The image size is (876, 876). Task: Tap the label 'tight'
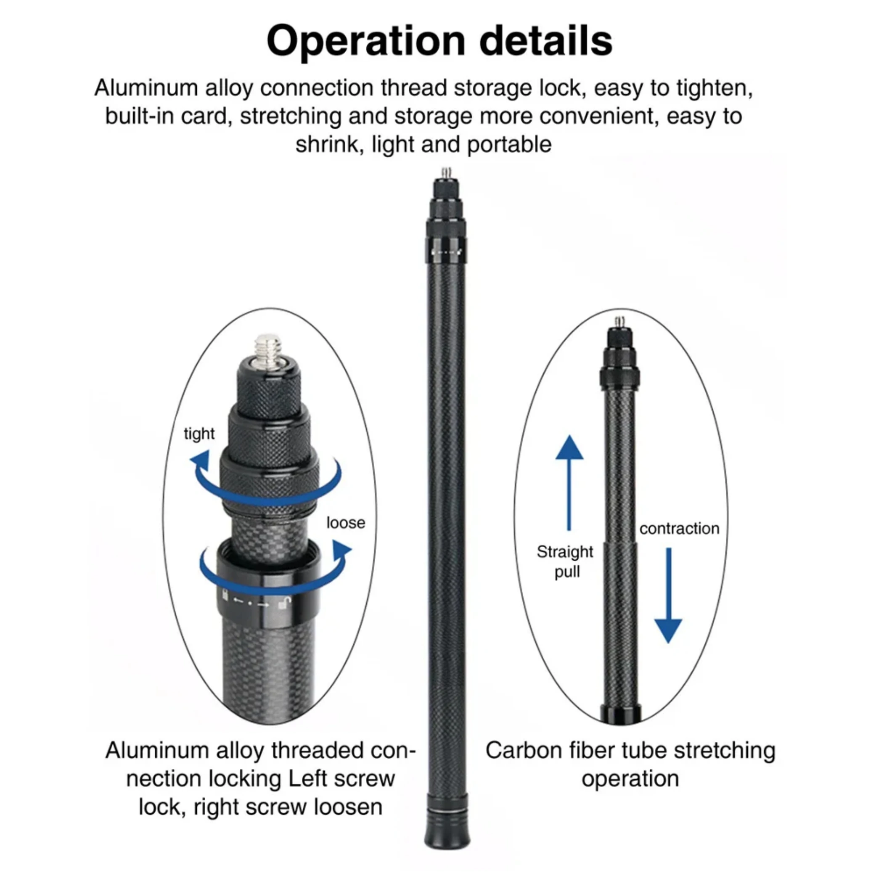[x=198, y=434]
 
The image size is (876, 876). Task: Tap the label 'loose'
[x=346, y=523]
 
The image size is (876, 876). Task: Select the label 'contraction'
[x=679, y=529]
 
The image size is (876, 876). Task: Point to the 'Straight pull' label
[x=565, y=561]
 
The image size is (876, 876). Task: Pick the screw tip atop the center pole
[x=447, y=173]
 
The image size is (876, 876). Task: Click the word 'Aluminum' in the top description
[x=146, y=88]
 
